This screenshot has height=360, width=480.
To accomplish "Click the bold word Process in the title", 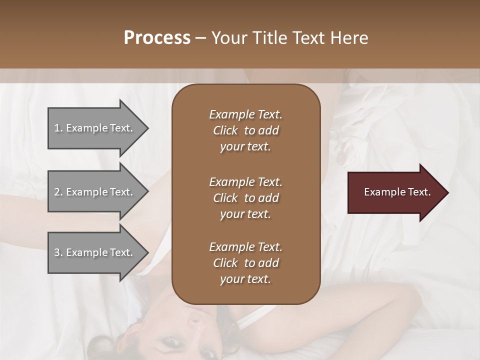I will point(157,38).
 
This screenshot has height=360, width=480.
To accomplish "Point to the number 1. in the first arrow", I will point(58,128).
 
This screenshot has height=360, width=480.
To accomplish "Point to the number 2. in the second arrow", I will point(58,192).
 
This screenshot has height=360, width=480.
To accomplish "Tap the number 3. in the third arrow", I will point(58,252).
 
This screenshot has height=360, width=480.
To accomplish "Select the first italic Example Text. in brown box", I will point(245,114).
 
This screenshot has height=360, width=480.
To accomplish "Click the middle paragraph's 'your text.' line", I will point(245,214).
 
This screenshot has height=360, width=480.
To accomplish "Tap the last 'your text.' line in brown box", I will point(245,279).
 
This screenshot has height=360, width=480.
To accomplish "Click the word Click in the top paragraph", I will point(225,130).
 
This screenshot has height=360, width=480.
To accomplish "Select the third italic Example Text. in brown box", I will point(245,247).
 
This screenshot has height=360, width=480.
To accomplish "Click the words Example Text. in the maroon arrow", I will point(397,192).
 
